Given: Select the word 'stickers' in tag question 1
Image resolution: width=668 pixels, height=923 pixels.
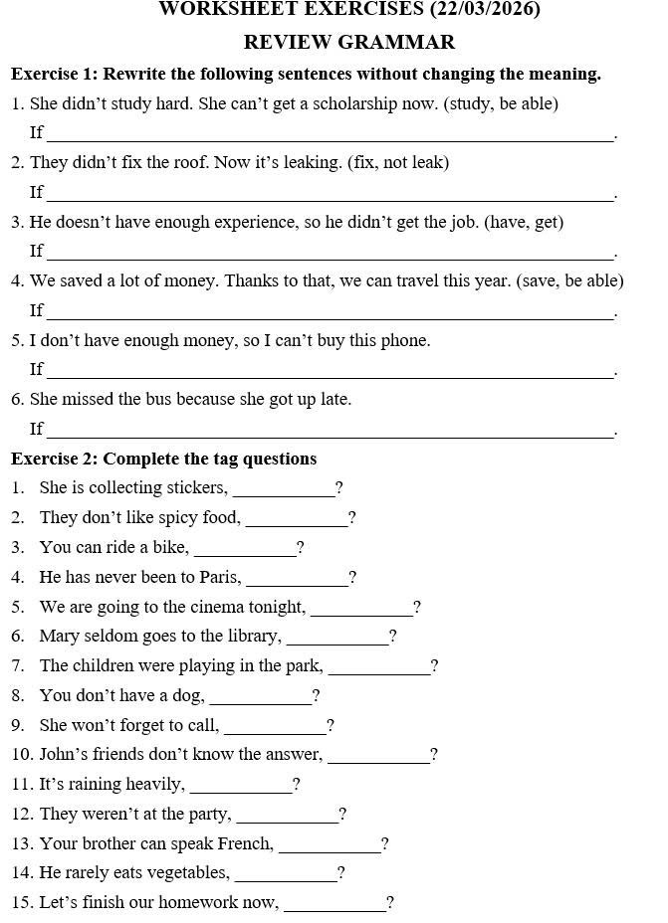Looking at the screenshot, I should point(195,487).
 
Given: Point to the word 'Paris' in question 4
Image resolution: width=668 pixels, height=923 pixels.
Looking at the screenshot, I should point(219,577).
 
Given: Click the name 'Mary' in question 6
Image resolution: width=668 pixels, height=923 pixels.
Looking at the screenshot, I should point(59,636).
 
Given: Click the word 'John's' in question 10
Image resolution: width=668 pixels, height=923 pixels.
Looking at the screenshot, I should point(62,754).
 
